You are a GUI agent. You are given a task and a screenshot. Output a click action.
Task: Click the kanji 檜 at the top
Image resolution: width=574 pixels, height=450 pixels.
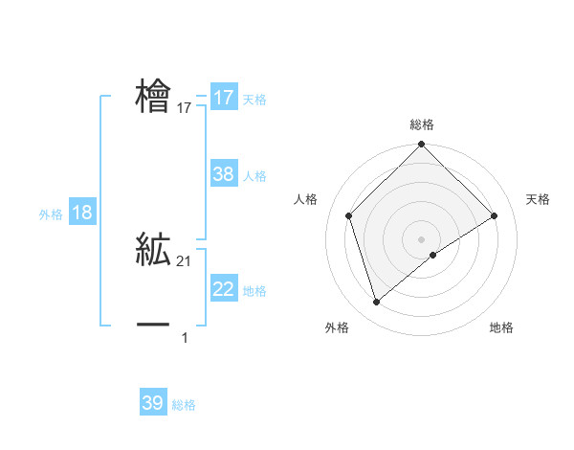point(153,97)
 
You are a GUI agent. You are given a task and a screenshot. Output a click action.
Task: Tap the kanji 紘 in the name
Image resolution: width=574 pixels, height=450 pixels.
point(153,249)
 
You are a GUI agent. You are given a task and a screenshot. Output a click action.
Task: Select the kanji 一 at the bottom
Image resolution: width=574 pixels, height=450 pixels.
point(153,326)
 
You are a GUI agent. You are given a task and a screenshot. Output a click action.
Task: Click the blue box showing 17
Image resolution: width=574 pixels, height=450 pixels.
point(224,98)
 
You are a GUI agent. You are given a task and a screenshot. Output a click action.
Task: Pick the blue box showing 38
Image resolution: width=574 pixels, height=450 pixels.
point(224,174)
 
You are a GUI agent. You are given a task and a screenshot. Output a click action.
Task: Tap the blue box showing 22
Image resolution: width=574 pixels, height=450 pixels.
point(224,289)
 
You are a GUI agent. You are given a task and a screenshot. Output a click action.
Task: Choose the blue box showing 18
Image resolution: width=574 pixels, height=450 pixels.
point(82,213)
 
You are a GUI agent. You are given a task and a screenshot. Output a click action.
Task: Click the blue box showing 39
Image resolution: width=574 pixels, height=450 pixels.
point(153,403)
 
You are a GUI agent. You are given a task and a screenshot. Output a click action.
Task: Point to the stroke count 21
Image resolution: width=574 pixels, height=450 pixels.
point(185,261)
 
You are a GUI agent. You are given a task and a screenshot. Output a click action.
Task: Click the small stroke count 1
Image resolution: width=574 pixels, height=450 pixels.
point(185,337)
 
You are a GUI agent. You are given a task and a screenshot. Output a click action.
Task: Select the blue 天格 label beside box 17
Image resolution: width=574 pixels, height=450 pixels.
point(254,100)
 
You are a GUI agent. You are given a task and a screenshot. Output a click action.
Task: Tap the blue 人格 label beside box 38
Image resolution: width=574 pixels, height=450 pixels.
point(254,176)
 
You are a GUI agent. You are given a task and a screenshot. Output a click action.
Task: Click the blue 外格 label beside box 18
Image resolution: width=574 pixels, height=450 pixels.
point(51,214)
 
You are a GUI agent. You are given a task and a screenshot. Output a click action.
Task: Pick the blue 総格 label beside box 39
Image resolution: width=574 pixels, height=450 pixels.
point(184,405)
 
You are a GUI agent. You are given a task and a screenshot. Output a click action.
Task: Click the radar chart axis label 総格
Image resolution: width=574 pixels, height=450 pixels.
point(422,124)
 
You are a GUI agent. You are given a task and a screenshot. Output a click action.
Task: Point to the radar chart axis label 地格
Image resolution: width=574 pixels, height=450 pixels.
point(501,328)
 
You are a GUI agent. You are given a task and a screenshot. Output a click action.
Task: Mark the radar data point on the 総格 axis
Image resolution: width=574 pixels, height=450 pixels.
point(422,146)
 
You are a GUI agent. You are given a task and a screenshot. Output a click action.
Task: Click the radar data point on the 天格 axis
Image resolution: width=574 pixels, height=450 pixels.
point(495,215)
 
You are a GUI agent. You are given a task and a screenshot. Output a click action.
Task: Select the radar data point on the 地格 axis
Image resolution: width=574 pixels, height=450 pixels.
point(433,255)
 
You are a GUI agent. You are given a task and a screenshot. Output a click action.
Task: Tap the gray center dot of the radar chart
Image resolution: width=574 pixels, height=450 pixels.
point(422,238)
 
